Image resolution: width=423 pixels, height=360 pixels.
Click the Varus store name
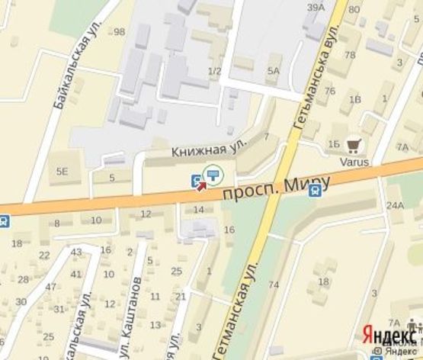(354, 162)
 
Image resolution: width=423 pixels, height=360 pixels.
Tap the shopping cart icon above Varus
(353, 144)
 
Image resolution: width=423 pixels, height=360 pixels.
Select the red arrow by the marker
(203, 184)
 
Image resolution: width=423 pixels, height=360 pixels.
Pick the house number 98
(118, 31)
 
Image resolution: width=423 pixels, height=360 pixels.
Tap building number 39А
(316, 8)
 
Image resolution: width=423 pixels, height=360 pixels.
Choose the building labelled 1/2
(214, 72)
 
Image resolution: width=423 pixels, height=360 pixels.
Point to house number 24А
(394, 206)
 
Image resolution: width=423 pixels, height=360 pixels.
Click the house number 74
(274, 284)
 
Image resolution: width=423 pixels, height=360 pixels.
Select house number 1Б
(333, 143)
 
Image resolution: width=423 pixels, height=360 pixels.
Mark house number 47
(50, 288)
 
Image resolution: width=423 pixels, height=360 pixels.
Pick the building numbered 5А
(273, 71)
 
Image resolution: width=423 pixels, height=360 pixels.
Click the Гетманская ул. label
(238, 305)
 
